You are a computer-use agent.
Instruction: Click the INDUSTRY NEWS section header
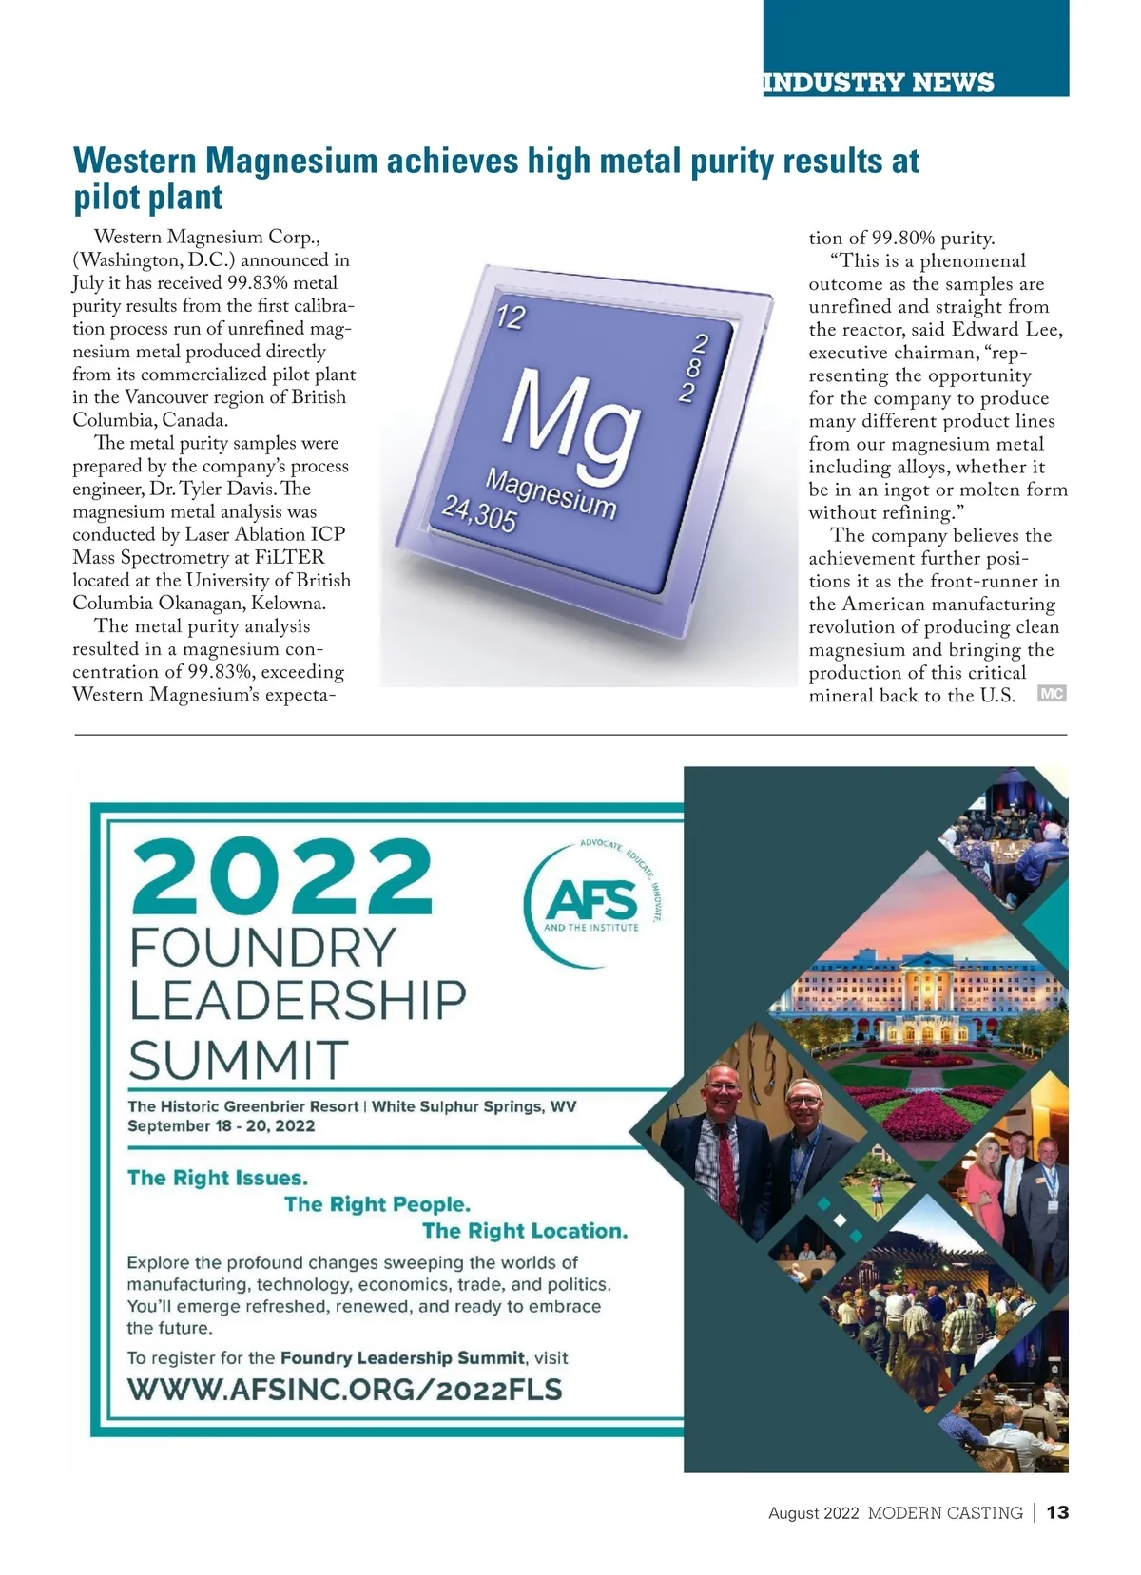point(879,83)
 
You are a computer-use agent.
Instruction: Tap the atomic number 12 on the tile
point(511,317)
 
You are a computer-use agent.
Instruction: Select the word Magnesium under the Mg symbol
point(551,493)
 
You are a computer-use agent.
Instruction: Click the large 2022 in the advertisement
point(281,877)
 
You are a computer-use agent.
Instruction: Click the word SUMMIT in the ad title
point(239,1060)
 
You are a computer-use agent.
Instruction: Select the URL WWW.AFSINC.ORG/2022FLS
point(345,1390)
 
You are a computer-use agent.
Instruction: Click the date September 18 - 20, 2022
point(222,1126)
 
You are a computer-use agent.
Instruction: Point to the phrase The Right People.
point(377,1204)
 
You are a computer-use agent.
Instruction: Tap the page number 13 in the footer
point(1057,1512)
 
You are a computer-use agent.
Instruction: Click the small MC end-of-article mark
point(1052,694)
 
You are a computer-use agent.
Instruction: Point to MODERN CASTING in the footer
point(945,1513)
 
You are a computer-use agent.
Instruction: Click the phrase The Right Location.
point(525,1231)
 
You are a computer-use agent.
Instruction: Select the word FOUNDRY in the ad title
point(262,948)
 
